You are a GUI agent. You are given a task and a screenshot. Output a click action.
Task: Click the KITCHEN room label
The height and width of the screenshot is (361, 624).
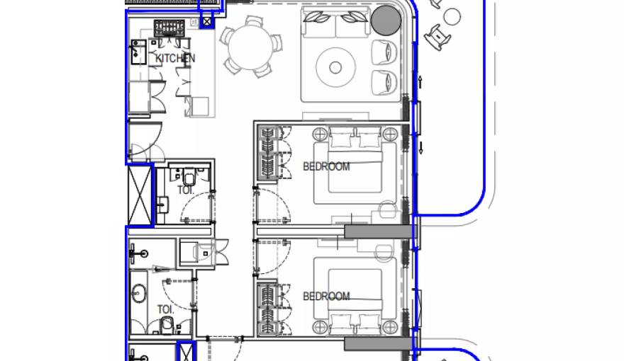coord(175,59)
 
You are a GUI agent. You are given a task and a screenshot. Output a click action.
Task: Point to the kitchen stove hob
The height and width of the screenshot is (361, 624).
coord(169,28)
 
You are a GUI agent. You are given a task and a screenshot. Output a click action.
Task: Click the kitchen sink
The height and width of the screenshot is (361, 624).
coord(138,53)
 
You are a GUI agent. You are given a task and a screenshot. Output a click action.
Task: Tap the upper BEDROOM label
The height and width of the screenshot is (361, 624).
coord(326,167)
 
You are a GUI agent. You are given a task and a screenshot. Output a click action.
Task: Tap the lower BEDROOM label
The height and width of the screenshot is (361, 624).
coord(326,297)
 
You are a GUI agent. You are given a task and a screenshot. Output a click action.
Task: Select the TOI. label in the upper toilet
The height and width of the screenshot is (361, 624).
coord(186,190)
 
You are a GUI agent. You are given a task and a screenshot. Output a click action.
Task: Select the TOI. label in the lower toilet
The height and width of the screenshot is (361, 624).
coord(166,309)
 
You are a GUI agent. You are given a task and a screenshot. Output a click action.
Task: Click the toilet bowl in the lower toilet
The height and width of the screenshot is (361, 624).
coord(167,325)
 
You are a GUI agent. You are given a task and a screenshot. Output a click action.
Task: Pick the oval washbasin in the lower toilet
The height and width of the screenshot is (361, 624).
coord(138,291)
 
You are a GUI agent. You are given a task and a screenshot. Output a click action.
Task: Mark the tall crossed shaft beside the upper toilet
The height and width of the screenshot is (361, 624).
coord(139,195)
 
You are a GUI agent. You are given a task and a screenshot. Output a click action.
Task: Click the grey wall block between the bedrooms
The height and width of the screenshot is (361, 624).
coord(378,231)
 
